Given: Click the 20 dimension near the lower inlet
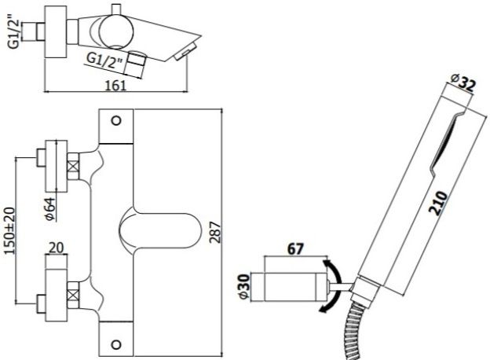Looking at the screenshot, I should (x=54, y=248).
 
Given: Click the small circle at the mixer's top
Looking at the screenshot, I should (x=117, y=122).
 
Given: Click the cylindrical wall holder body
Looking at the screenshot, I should (x=294, y=285).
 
